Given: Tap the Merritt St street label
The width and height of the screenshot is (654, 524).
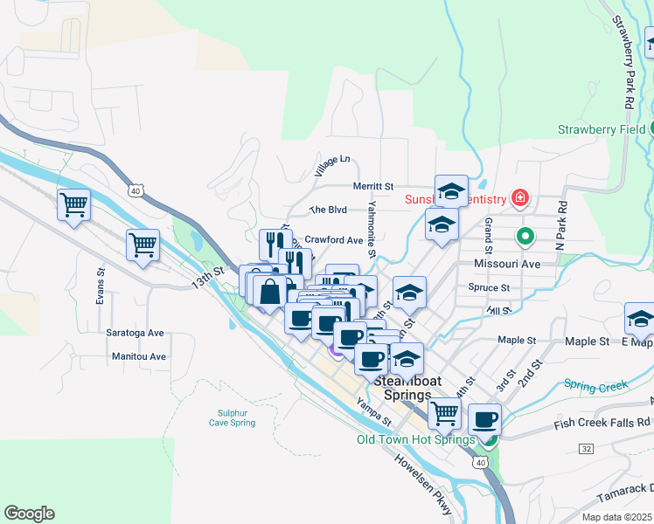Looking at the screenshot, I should tap(373, 186).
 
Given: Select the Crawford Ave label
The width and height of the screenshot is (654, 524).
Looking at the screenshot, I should tap(333, 239).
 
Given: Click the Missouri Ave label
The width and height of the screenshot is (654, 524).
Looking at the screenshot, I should tap(507, 263).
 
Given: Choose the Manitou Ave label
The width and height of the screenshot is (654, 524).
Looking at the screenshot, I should tap(138, 356).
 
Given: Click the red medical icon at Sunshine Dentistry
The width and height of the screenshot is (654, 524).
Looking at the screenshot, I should tap(521, 198).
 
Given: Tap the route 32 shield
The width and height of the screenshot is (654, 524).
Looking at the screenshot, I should tap(586, 448).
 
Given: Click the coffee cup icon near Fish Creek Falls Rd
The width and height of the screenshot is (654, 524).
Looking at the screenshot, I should tap(484, 418).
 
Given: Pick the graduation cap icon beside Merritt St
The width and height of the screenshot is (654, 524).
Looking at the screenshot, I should tap(451, 190).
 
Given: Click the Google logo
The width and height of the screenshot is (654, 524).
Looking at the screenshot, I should tap(29, 514).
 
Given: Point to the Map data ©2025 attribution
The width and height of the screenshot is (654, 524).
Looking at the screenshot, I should tap(616, 517).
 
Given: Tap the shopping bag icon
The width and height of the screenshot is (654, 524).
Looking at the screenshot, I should tap(270, 290).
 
